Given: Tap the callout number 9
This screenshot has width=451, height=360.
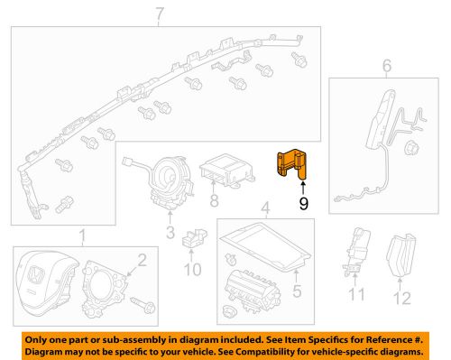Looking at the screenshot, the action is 303,204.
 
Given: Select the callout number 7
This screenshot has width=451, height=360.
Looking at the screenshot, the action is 160,14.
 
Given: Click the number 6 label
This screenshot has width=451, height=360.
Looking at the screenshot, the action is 387,66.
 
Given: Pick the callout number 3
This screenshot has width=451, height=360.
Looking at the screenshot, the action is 170,233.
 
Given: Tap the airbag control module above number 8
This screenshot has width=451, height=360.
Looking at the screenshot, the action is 226,171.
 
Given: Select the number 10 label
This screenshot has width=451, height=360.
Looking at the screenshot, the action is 192,270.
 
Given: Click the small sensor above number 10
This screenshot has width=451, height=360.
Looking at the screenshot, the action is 193,238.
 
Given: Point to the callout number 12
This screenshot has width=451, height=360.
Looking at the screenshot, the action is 402,299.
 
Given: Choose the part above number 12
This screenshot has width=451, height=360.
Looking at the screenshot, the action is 401,255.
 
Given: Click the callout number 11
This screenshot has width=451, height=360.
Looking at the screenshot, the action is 356,294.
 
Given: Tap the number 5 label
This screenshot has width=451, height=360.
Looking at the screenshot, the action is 297,291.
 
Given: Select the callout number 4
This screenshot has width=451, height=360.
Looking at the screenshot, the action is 265,208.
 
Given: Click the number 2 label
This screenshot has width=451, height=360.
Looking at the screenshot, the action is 142,261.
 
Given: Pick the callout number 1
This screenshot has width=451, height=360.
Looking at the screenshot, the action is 82,236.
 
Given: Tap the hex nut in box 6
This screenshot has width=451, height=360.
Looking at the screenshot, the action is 411,148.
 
